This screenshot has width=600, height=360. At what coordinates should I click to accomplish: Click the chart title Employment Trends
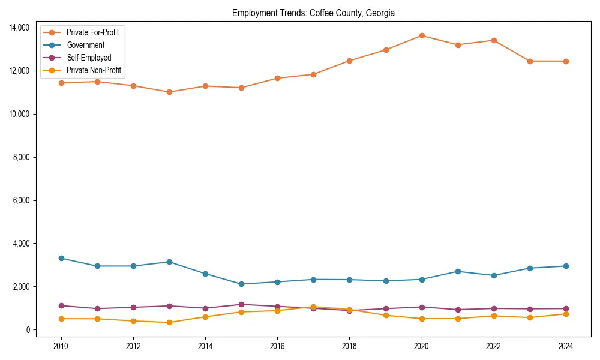313,13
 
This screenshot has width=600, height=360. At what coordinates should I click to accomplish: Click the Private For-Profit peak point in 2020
422,35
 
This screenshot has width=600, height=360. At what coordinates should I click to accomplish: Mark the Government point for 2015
241,284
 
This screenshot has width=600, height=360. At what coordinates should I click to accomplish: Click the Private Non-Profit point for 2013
169,322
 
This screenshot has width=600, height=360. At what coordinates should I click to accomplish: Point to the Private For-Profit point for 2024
566,61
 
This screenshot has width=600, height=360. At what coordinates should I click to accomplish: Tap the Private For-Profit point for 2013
169,92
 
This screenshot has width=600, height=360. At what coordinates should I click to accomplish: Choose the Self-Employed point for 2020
422,307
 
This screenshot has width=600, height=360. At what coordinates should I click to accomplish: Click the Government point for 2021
458,271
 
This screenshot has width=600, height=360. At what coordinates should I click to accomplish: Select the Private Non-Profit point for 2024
566,314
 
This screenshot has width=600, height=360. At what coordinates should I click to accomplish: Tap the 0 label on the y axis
28,330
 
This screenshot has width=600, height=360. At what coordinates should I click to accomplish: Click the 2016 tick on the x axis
277,346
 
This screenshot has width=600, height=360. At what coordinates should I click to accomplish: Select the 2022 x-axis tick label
494,346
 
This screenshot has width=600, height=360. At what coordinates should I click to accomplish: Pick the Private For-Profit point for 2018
349,61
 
